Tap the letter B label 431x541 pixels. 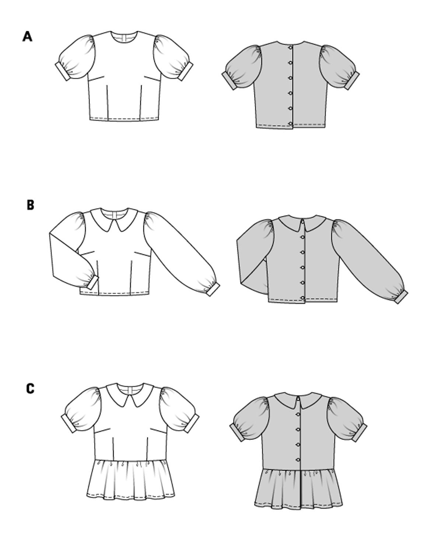(30, 205)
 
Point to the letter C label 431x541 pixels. (30, 388)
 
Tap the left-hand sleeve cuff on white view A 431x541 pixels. (60, 73)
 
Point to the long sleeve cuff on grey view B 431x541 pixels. (401, 296)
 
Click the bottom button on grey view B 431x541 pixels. (303, 298)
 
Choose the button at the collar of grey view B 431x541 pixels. (302, 221)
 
